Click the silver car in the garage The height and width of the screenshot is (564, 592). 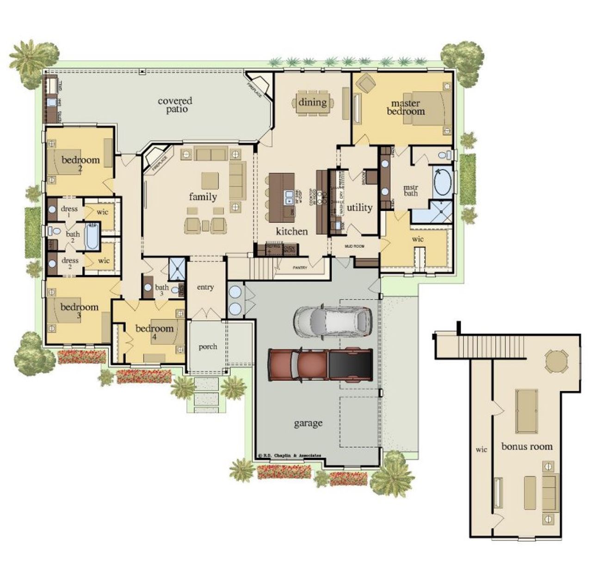[x=333, y=320]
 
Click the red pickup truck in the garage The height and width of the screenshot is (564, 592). [x=321, y=363]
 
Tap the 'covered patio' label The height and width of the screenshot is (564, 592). [x=175, y=105]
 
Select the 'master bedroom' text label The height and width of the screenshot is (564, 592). [x=406, y=107]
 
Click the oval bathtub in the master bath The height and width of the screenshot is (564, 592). [x=443, y=182]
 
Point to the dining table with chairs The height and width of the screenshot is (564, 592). [x=312, y=102]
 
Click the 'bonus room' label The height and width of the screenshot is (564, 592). [x=527, y=446]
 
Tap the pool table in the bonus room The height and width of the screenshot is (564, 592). [x=527, y=411]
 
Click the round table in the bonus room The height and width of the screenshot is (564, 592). [x=555, y=361]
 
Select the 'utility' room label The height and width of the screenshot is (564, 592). [x=359, y=207]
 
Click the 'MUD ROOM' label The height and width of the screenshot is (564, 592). [x=354, y=246]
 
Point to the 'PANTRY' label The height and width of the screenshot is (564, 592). [x=300, y=268]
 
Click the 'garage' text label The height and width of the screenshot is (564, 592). [x=308, y=423]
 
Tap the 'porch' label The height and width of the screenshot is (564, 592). [x=208, y=346]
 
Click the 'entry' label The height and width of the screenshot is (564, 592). [x=205, y=287]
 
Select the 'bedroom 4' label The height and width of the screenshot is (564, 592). [x=154, y=332]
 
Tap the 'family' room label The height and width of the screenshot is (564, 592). [x=203, y=197]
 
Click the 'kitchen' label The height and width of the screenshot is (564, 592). [x=292, y=231]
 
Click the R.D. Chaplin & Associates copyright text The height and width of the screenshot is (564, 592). [x=290, y=456]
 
